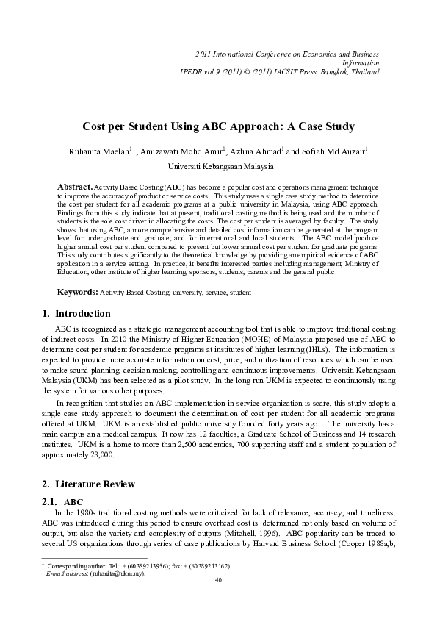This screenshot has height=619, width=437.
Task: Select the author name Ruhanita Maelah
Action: (100, 151)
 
